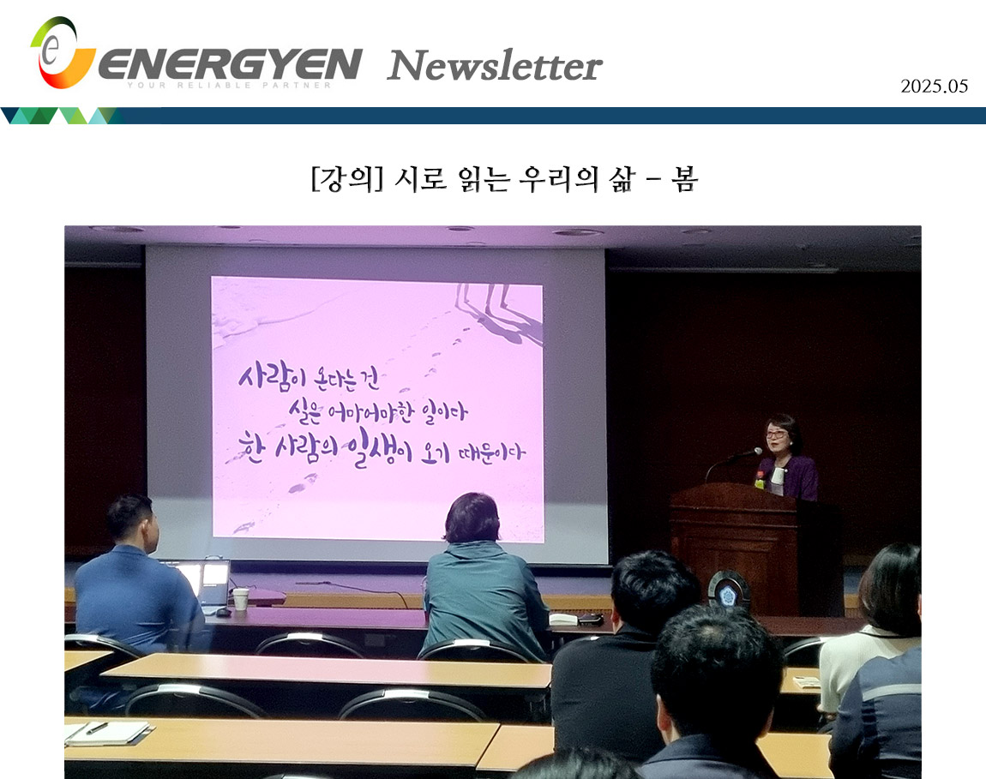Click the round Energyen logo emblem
tap(62, 53)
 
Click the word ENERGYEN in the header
tap(230, 63)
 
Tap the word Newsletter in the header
tap(495, 65)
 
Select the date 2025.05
tap(934, 87)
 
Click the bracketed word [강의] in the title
tap(347, 179)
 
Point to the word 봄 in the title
tap(684, 179)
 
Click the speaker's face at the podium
tap(778, 434)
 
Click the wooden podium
tap(755, 547)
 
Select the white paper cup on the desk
tap(240, 598)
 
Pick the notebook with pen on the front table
tap(107, 733)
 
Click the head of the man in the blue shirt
tap(130, 521)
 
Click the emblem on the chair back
tap(728, 591)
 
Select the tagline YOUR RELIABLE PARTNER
tap(230, 85)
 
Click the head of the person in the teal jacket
tap(472, 518)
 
